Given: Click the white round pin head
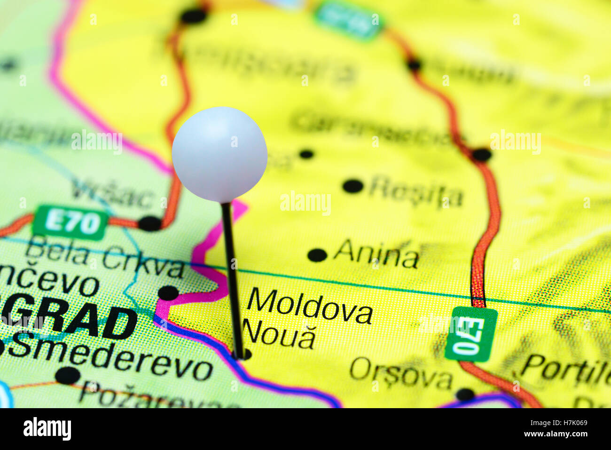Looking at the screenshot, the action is (x=219, y=154).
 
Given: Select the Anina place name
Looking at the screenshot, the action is (x=376, y=255).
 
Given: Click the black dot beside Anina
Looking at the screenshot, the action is (x=317, y=255).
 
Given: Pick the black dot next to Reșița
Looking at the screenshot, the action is (x=353, y=186).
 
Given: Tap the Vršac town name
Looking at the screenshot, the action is (x=112, y=194).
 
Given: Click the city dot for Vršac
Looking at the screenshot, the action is (x=150, y=223).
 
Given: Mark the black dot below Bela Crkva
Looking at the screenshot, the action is (x=168, y=292).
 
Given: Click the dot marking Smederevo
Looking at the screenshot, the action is (x=68, y=375).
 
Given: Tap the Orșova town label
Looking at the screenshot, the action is (x=400, y=374).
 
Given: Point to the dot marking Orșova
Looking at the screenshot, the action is (x=465, y=394).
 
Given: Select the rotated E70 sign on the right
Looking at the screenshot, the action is (x=470, y=334).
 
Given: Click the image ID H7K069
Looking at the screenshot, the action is (x=563, y=423).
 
